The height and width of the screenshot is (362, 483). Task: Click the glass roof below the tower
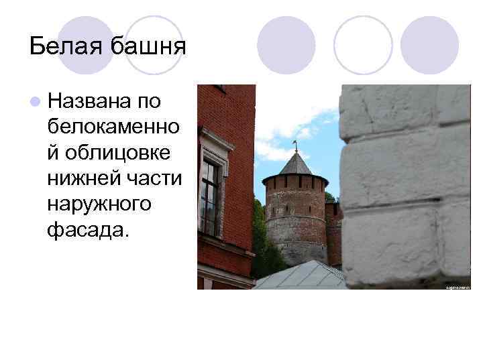pos(302,276)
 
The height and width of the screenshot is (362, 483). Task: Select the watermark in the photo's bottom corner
pos(458,286)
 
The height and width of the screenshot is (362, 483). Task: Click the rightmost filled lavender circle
pos(429,45)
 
